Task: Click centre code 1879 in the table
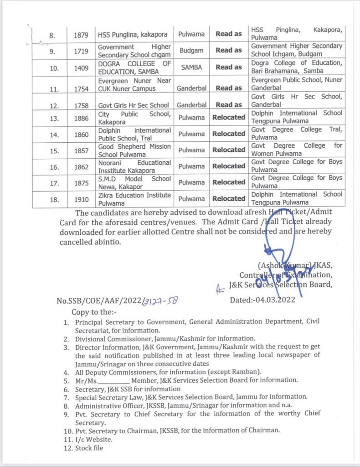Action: tap(81, 35)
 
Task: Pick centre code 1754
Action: tap(81, 88)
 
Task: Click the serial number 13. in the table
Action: tap(54, 118)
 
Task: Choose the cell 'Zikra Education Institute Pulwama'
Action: tap(134, 198)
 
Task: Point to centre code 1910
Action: tap(81, 199)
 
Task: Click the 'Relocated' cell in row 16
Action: tap(229, 166)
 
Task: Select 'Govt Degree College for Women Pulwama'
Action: tap(297, 150)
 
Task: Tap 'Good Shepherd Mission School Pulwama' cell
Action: tap(134, 150)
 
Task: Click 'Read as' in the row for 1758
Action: tap(229, 104)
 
